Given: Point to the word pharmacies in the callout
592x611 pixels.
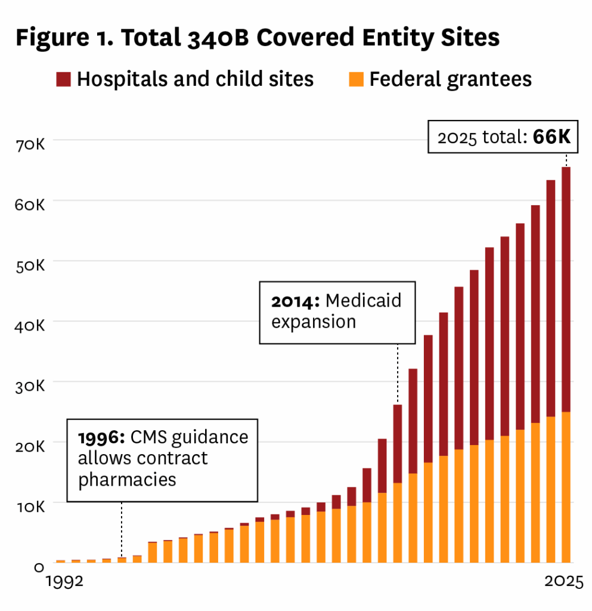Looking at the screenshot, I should pos(127,479).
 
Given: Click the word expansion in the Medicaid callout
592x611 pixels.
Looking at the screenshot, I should pos(314,322).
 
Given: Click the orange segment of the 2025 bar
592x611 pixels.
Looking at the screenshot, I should pos(565,487).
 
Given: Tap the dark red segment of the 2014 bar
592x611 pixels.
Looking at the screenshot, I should pos(398,444).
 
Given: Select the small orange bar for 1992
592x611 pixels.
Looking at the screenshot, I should pos(60,561).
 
